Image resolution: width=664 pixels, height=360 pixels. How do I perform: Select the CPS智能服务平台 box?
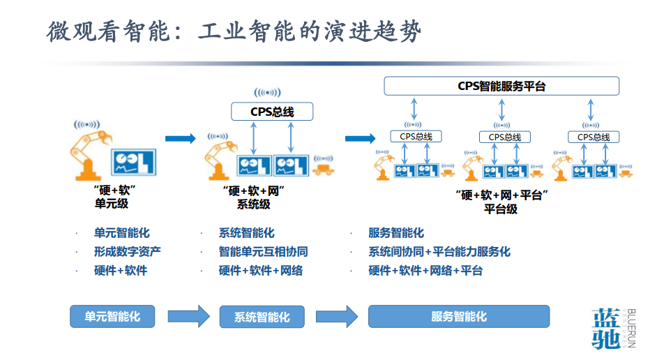tap(501, 86)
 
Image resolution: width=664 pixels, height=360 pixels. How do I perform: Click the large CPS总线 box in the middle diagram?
tap(272, 112)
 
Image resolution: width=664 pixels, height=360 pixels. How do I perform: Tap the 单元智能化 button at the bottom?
tap(112, 316)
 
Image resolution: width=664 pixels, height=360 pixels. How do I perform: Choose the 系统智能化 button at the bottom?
tap(262, 317)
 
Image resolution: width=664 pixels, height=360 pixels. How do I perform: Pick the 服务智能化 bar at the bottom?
tap(458, 316)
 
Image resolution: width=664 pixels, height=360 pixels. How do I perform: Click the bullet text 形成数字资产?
tap(128, 251)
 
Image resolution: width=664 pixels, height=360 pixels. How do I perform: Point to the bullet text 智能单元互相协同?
tap(263, 251)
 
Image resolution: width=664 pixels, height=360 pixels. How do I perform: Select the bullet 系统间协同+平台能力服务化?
tap(439, 251)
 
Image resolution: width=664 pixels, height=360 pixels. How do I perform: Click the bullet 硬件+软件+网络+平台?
tap(425, 270)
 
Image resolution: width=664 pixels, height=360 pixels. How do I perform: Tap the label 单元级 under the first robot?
tap(112, 204)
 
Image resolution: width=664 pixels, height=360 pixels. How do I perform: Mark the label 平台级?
tap(500, 209)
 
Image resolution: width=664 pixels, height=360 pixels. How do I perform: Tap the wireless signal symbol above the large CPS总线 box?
tap(267, 92)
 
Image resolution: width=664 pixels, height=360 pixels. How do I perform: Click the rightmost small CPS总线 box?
tap(593, 137)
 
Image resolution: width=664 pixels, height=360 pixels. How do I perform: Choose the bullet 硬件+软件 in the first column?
tap(121, 270)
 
